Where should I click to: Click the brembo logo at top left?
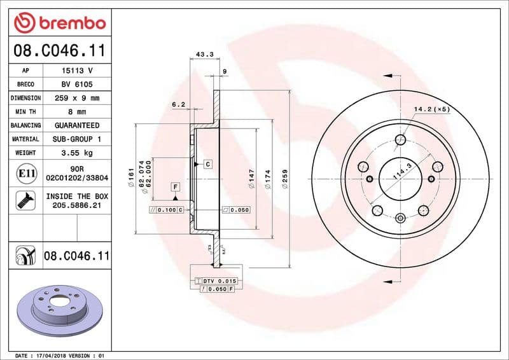(x=59, y=22)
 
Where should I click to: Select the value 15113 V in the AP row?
(x=76, y=71)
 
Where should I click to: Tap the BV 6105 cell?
(x=76, y=85)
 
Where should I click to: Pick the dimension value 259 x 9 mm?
(x=76, y=99)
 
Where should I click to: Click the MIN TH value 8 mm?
(x=76, y=112)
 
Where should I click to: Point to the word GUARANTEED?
(x=76, y=125)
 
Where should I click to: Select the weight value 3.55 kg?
(x=76, y=153)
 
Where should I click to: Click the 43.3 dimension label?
(x=204, y=55)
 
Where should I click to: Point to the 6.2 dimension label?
(x=178, y=104)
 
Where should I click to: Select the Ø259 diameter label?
(x=286, y=178)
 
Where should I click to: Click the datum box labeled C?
(x=207, y=164)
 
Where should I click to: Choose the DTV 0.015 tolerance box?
(x=216, y=280)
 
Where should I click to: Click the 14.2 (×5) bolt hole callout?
(x=431, y=109)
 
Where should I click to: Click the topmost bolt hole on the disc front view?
(x=400, y=140)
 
